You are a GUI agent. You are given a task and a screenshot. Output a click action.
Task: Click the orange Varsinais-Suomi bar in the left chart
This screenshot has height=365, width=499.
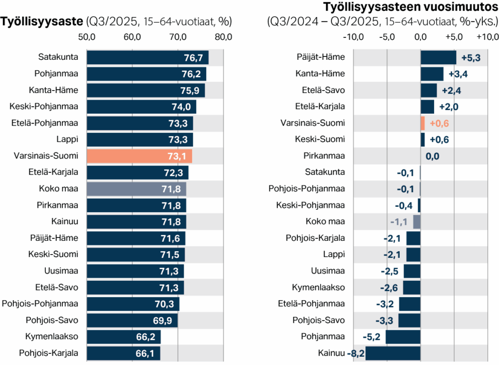tap(139, 156)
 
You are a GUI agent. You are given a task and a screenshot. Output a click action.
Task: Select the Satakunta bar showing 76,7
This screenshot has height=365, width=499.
tap(147, 57)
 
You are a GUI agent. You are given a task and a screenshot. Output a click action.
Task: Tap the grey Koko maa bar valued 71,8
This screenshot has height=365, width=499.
tap(136, 189)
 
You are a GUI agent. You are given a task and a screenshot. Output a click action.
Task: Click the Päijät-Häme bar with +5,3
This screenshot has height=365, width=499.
tap(438, 57)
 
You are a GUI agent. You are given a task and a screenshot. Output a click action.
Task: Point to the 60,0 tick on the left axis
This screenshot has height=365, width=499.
tap(132, 37)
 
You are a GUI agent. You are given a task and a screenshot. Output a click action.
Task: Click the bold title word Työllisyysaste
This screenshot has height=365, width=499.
tap(42, 22)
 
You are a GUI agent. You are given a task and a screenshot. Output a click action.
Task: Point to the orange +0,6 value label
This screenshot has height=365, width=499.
tap(439, 124)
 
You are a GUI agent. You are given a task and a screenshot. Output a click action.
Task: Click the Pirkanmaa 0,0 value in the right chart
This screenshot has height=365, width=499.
tap(432, 156)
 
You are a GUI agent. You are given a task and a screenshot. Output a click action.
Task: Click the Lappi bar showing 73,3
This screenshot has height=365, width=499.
tap(139, 140)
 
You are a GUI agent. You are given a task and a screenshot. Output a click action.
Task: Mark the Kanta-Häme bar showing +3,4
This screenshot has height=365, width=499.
tap(432, 74)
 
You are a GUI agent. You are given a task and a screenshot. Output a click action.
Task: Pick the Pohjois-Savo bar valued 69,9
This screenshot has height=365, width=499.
tap(132, 320)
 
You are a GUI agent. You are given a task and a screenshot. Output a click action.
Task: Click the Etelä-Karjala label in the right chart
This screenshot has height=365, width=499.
tap(319, 107)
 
